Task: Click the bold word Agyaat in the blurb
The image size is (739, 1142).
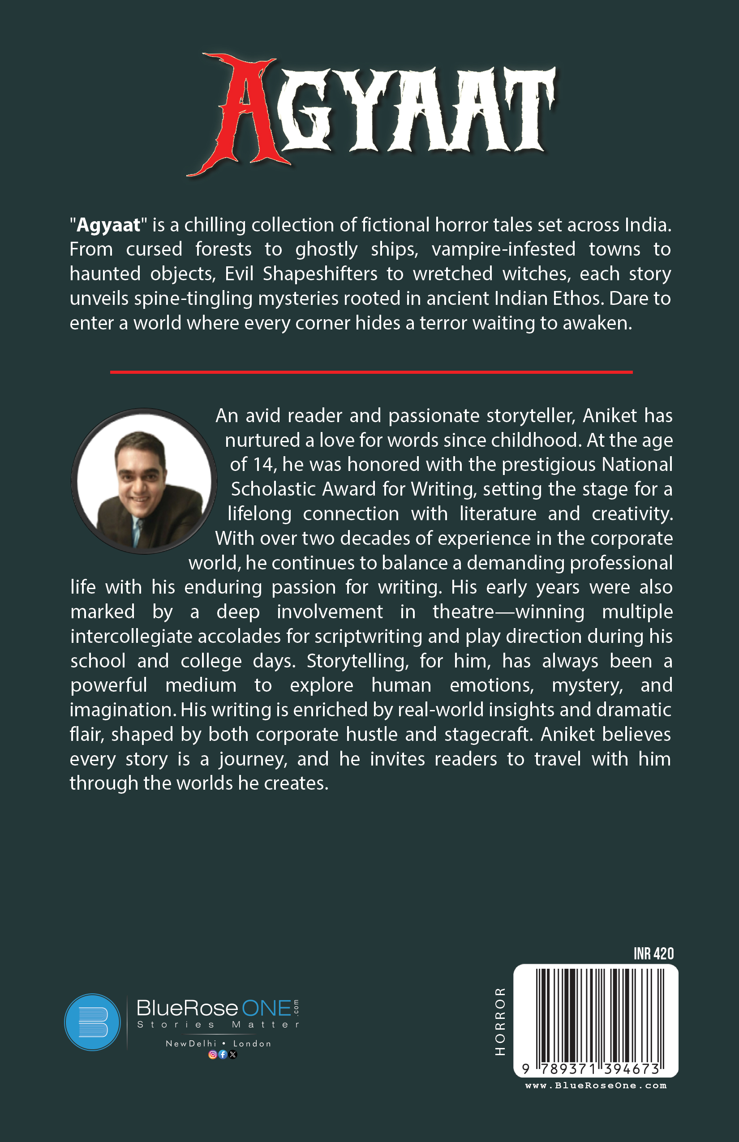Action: click(108, 225)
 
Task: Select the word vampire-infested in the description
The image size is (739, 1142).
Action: click(503, 249)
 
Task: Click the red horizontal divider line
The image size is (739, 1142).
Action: click(371, 372)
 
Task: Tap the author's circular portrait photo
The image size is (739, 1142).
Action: click(143, 481)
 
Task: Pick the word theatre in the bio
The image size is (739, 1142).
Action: click(463, 612)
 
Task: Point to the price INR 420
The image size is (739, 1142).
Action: click(653, 954)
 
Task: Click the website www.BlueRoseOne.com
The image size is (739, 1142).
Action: click(596, 1086)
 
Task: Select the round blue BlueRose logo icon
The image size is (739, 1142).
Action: click(92, 1022)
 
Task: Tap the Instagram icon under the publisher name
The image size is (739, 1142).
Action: click(212, 1054)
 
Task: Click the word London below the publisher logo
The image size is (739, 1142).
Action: click(252, 1044)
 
